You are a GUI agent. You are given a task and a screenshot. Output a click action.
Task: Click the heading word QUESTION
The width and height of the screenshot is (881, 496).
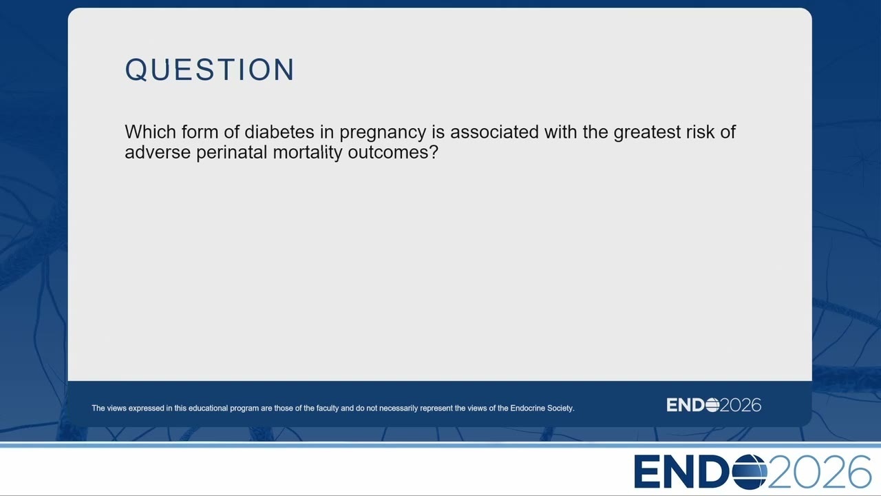[x=210, y=70]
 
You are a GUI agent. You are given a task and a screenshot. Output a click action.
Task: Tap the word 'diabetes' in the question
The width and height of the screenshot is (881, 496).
[x=279, y=132]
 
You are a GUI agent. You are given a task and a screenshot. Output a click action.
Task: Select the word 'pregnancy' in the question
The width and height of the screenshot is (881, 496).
[x=383, y=133]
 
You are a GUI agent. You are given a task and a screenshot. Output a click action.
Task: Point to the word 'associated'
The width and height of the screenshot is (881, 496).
[x=494, y=132]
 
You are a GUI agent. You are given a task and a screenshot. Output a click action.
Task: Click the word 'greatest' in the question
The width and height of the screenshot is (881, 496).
[x=647, y=133]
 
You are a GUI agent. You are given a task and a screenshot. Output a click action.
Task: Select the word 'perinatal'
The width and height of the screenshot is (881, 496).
[x=232, y=153]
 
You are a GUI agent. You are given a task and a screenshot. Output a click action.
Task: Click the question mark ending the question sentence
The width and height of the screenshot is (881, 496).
[x=434, y=152]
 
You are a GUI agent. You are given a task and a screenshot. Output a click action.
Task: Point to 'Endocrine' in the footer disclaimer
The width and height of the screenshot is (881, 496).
[x=527, y=409]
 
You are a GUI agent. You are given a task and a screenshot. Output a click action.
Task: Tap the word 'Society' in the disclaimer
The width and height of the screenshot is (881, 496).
[x=561, y=409]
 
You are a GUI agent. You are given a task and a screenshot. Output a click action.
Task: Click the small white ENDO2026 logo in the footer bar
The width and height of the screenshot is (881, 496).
[x=714, y=405]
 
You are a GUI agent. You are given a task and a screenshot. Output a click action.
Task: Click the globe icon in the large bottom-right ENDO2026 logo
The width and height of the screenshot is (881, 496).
[x=750, y=472]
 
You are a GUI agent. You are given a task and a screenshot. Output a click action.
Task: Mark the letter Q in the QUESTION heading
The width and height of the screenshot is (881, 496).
[x=136, y=70]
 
